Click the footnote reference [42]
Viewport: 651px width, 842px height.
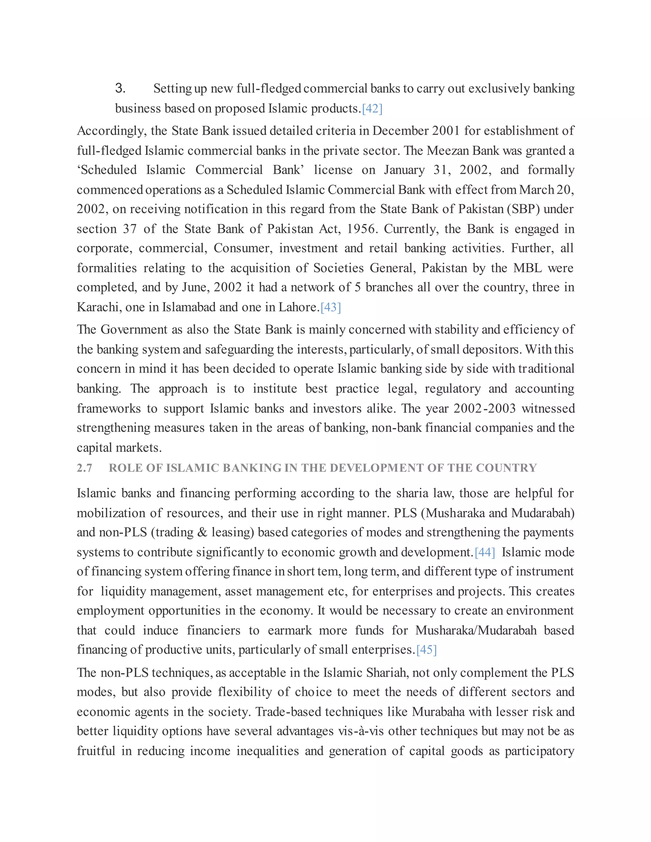(372, 109)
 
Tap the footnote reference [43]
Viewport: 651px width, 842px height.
(331, 307)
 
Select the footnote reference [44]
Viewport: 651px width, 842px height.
(485, 553)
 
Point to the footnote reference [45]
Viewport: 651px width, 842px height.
(427, 650)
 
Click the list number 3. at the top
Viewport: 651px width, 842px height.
(120, 88)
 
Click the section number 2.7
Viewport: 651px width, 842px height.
(85, 468)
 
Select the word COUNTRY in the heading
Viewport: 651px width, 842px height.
(506, 468)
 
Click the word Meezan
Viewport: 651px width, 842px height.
(447, 151)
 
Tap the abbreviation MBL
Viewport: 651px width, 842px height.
(527, 268)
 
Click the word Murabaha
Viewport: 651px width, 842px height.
(438, 712)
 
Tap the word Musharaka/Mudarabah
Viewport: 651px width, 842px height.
(476, 631)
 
